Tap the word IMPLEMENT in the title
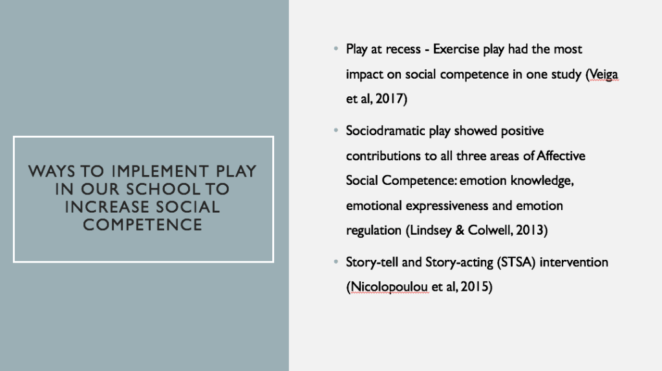click(160, 171)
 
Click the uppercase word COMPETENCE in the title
click(143, 224)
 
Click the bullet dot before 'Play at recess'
click(336, 48)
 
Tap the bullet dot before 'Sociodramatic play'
click(336, 131)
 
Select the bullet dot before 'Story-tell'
click(336, 262)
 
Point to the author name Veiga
click(604, 74)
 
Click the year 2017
click(389, 99)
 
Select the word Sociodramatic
click(385, 131)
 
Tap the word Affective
click(561, 156)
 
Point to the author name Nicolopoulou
click(389, 287)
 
